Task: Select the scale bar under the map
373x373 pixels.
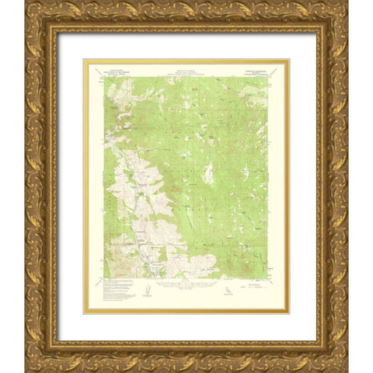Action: coord(186,287)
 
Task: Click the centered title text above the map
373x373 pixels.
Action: coord(186,71)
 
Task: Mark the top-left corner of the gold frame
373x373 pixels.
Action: coord(26,3)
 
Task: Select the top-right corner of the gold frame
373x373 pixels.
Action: coord(347,3)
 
